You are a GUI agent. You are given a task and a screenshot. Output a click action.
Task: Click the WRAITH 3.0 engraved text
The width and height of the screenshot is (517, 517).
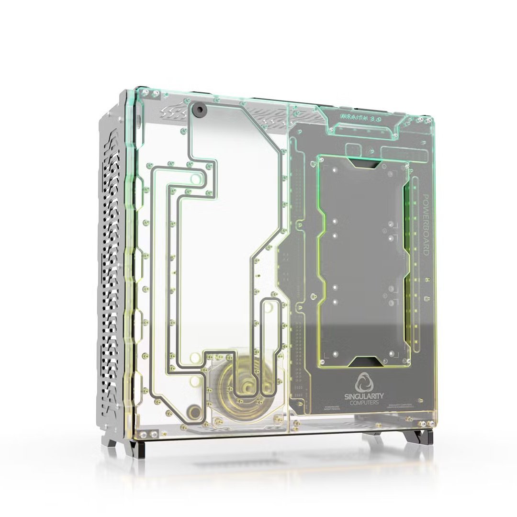click(x=360, y=117)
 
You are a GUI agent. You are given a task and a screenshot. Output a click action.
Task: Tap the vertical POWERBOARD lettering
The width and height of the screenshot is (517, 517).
click(x=425, y=225)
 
